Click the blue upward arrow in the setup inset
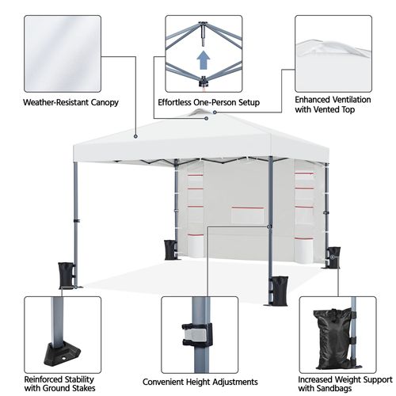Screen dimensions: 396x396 coord(204,60)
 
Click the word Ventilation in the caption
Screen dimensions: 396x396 coord(352,100)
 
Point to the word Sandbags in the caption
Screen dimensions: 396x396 coord(334,388)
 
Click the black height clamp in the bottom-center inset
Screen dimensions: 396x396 coord(197,335)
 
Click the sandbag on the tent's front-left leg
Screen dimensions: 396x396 coord(66,276)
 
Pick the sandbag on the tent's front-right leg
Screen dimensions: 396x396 coord(279,291)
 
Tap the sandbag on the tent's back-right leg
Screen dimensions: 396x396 coord(333,257)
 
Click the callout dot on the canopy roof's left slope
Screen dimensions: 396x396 coord(135,136)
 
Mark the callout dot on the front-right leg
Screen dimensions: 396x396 coord(268,227)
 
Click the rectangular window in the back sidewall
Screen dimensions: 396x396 coord(248,215)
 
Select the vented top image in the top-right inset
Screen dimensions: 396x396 coord(333,54)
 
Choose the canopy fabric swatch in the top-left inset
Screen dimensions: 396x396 coord(63,54)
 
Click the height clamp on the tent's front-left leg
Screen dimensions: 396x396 coord(77,221)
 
